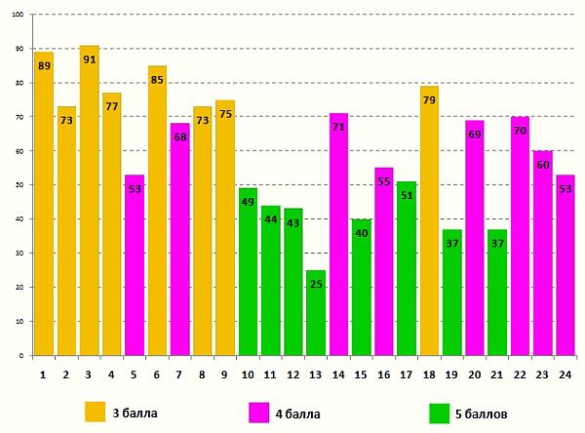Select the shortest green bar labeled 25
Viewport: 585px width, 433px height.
coord(315,312)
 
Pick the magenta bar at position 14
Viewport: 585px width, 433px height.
coord(338,234)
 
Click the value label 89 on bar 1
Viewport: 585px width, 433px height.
coord(44,66)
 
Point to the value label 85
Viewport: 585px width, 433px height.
coord(157,80)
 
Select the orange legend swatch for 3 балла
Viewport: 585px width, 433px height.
coord(95,413)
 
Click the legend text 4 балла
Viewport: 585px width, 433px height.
coord(296,413)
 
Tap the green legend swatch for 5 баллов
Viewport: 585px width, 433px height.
coord(439,413)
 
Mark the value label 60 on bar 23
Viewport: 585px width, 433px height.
coord(542,165)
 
